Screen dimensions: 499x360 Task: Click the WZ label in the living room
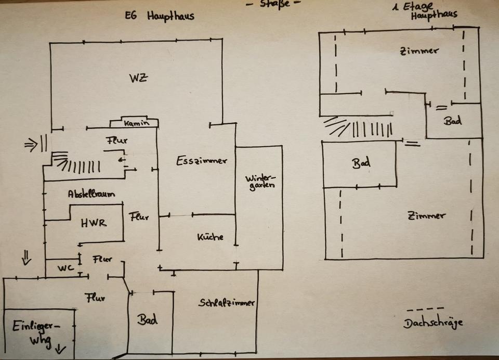click(138, 79)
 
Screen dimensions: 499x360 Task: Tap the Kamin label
click(134, 124)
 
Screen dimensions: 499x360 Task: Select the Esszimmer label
click(201, 160)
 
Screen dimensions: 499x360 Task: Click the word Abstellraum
click(91, 194)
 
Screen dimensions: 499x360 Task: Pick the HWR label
click(94, 223)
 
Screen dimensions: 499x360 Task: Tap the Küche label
click(210, 237)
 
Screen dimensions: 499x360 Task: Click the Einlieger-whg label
click(36, 333)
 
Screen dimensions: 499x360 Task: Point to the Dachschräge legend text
click(433, 323)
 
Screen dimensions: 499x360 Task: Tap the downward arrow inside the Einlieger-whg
click(61, 349)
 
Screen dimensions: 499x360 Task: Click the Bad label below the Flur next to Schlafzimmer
click(147, 319)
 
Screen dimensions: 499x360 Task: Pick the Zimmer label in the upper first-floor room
click(419, 51)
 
